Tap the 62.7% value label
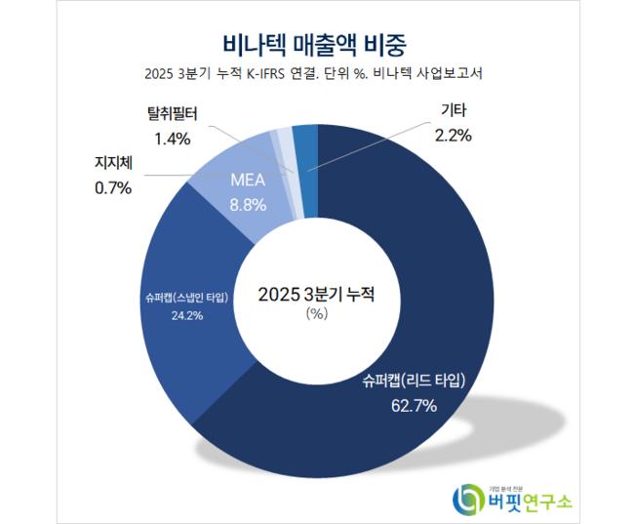409,403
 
